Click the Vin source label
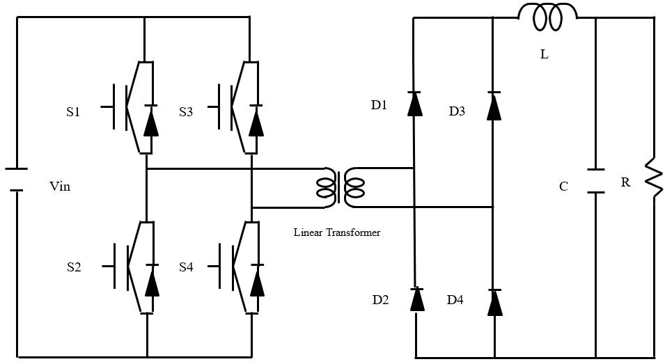pos(60,187)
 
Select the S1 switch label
pos(73,111)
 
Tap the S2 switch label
pos(74,267)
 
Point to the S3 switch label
pos(185,111)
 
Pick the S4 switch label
pos(185,267)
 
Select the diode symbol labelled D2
pos(416,299)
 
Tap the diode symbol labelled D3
pos(494,105)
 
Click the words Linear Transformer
pos(336,232)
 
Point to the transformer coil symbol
pos(341,187)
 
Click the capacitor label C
pos(563,187)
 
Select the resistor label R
pos(625,183)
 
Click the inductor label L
pos(544,54)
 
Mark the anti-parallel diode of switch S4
pos(257,281)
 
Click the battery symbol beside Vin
pos(16,180)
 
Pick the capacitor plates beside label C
pos(595,180)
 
